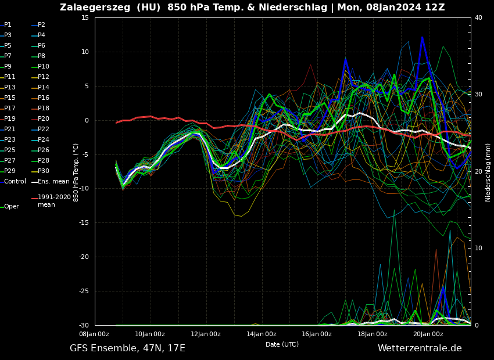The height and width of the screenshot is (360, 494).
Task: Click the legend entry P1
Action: (8, 25)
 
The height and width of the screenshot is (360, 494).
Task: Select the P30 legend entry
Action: (44, 171)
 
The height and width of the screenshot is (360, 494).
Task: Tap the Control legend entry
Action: (15, 182)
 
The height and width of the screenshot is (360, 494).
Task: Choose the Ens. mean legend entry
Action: (53, 182)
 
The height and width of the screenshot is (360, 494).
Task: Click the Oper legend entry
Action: (11, 207)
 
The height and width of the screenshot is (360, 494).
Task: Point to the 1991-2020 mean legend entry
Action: (54, 201)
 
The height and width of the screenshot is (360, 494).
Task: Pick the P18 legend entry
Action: (44, 109)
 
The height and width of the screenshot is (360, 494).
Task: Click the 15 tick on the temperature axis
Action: (85, 18)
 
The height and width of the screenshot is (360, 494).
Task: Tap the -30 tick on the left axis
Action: (83, 326)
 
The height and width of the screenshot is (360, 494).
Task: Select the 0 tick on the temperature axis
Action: (87, 121)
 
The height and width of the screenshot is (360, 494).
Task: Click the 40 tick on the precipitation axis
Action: (478, 18)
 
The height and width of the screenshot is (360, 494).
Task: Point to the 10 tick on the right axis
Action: (478, 249)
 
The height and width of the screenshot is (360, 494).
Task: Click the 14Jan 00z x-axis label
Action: (261, 334)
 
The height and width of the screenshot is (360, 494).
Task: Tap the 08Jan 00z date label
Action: (94, 334)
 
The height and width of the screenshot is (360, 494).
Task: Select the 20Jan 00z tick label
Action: (428, 334)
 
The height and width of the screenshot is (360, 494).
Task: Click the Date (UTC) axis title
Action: (282, 345)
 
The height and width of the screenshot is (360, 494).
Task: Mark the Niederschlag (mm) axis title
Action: (488, 172)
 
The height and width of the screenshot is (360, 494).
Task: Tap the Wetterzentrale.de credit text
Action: (420, 348)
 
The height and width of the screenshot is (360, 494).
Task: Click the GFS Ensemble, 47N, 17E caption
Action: (127, 348)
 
